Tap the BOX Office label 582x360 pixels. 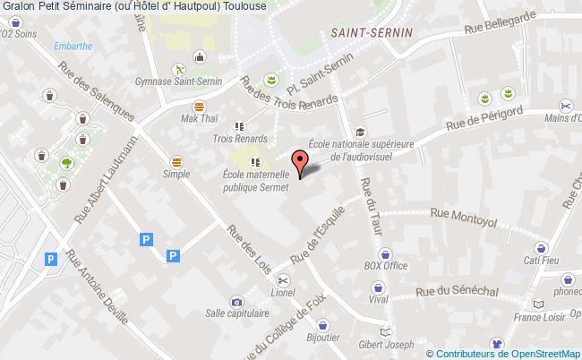385,266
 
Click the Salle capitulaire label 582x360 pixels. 236,314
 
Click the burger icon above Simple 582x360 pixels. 175,161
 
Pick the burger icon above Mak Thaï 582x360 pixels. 199,106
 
